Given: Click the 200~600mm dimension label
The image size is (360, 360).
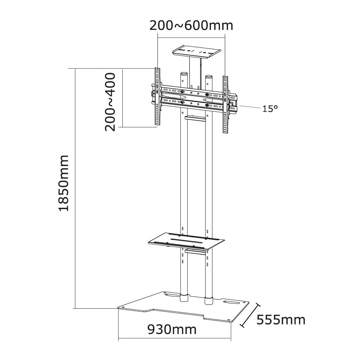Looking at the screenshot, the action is click(x=191, y=25).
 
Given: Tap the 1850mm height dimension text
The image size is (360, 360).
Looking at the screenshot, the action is click(x=64, y=183).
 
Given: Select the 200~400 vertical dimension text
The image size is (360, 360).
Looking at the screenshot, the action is click(x=110, y=102).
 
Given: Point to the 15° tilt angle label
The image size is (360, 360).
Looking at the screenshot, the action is click(x=270, y=108).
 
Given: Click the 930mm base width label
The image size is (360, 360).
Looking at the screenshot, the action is click(x=172, y=330).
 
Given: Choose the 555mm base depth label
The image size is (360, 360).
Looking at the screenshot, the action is click(x=281, y=320).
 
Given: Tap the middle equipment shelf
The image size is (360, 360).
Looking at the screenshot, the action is click(x=186, y=241).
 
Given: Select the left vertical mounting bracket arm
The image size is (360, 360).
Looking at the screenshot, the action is click(x=157, y=96).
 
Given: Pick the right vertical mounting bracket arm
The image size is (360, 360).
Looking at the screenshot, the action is click(x=225, y=104).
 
